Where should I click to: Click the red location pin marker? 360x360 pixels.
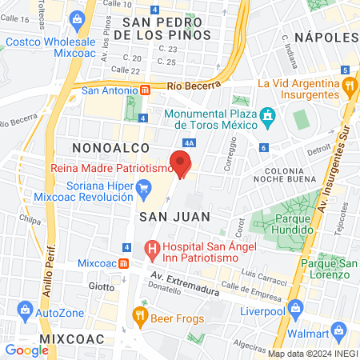click(182, 163)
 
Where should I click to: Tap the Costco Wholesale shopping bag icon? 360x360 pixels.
click(77, 18)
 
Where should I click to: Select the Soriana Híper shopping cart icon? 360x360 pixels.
click(144, 190)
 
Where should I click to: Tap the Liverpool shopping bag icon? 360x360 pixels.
click(295, 307)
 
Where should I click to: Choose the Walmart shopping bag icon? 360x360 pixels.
click(339, 329)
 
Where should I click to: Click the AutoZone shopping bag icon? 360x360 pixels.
click(26, 308)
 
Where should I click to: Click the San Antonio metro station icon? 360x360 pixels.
click(144, 90)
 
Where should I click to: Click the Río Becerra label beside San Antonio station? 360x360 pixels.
click(187, 86)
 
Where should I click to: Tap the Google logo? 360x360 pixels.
click(26, 350)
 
